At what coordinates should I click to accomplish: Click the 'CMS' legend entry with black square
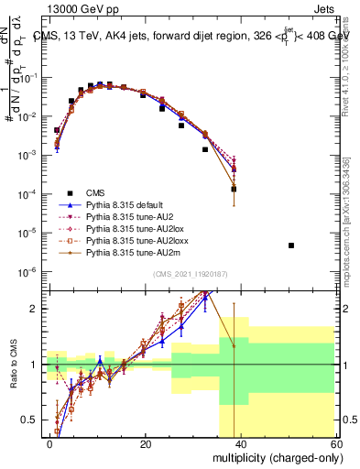tap(94, 192)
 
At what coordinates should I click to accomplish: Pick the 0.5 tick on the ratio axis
tap(31, 420)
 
